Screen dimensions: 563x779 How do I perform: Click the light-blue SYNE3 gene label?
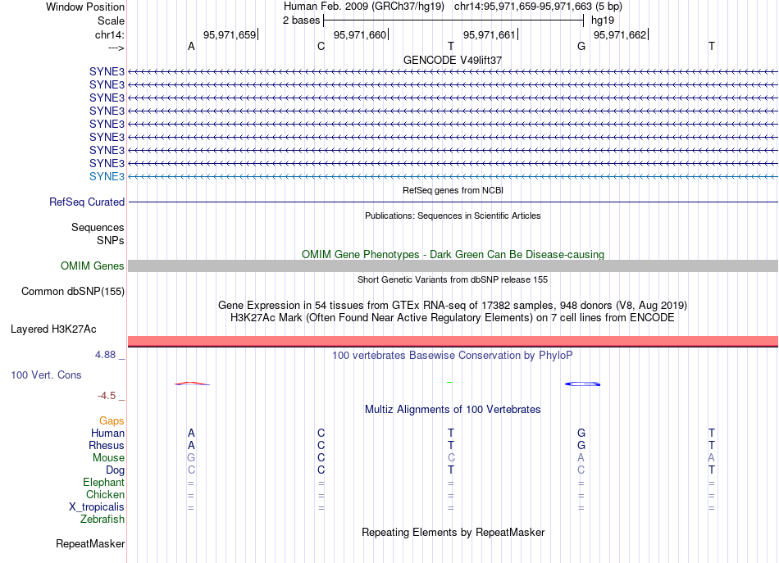point(107,176)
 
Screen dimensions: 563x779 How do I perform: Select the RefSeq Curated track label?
point(87,202)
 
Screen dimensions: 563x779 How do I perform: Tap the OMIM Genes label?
point(93,266)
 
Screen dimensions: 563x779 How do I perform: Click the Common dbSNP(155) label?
point(73,292)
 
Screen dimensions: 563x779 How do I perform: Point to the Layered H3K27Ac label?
point(53,329)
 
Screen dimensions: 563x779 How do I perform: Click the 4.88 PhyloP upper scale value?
point(107,356)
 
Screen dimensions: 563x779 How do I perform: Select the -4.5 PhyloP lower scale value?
point(108,396)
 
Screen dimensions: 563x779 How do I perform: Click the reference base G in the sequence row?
point(581,47)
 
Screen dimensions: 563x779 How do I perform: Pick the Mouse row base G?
point(191,458)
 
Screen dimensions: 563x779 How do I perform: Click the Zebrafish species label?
point(102,520)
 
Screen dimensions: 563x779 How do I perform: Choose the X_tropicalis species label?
point(97,507)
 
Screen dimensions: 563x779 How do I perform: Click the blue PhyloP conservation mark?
point(585,384)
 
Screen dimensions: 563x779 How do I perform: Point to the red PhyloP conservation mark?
point(192,383)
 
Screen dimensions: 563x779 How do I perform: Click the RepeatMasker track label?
point(90,544)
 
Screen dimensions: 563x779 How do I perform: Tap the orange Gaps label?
point(112,421)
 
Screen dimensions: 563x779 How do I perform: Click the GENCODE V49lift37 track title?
point(453,61)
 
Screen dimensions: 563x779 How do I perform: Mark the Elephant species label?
point(103,483)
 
